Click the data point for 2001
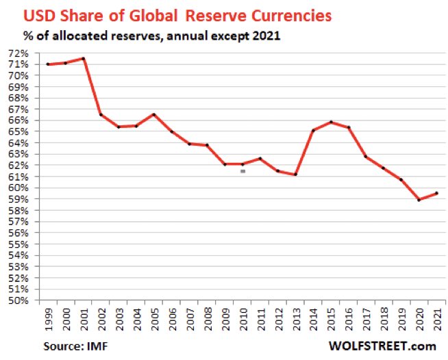(x=83, y=59)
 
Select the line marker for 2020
(x=419, y=200)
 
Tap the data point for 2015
(x=330, y=123)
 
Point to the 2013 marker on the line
(x=295, y=175)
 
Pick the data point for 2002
(x=101, y=114)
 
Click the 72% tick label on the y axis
(x=18, y=53)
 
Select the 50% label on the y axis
(x=18, y=300)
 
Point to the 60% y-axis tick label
(x=18, y=188)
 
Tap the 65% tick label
(x=18, y=132)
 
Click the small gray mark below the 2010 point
(x=242, y=171)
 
